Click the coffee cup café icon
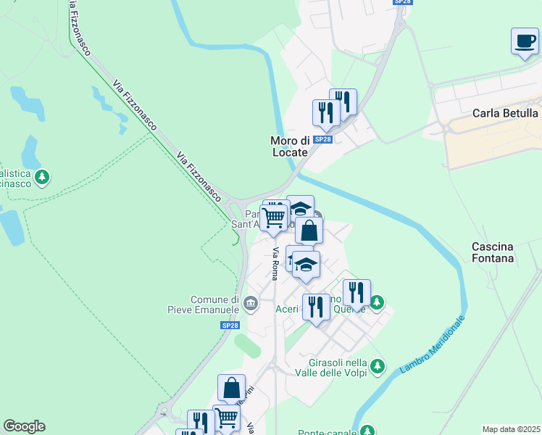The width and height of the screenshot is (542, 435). (524, 41)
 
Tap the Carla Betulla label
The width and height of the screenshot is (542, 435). (505, 113)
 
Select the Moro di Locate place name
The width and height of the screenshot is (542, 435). (290, 146)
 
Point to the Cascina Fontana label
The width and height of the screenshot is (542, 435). (493, 252)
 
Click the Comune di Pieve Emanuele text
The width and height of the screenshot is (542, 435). (214, 304)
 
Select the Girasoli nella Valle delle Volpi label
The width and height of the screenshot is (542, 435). (329, 368)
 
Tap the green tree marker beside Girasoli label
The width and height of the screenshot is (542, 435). (377, 368)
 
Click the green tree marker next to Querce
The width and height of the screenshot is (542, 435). (376, 302)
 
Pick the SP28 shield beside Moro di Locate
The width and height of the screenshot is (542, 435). (323, 139)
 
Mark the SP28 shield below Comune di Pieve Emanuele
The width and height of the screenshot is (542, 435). (230, 326)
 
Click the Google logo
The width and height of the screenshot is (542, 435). (24, 426)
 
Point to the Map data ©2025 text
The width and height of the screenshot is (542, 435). (511, 429)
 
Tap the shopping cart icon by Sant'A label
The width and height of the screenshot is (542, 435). (273, 217)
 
